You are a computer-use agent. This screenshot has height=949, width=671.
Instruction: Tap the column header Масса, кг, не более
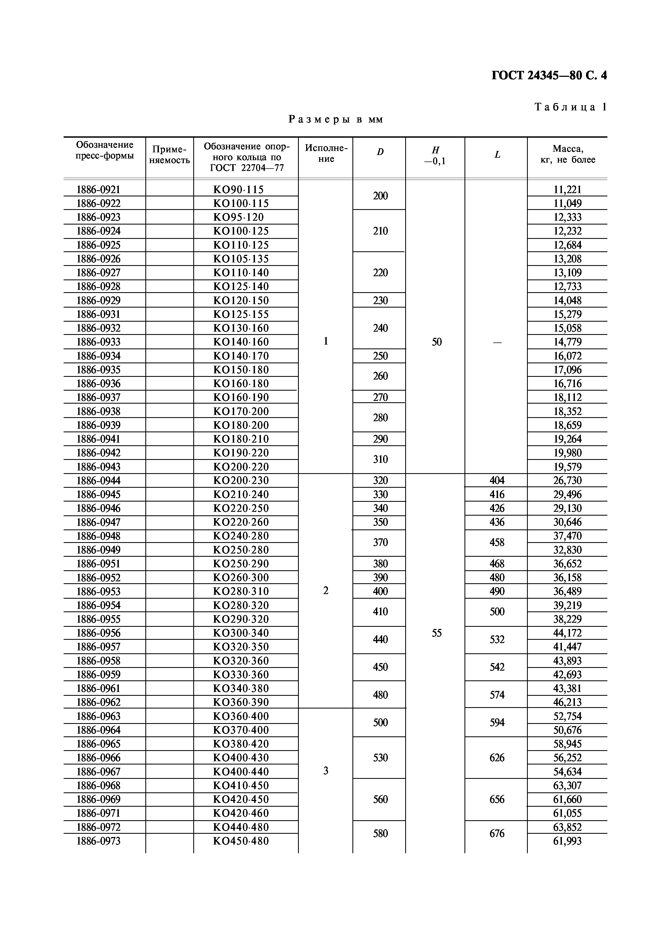(x=567, y=154)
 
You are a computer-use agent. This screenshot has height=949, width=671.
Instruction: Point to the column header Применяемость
(x=169, y=154)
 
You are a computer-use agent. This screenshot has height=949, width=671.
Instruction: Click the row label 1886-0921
(x=99, y=190)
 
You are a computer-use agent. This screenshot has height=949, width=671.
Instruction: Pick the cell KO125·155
(x=241, y=315)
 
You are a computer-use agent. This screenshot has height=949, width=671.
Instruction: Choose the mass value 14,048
(x=567, y=301)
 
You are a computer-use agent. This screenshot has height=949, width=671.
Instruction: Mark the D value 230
(x=380, y=301)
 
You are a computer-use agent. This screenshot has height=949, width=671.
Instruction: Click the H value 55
(x=437, y=633)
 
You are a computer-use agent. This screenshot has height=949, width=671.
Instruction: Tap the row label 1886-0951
(x=99, y=564)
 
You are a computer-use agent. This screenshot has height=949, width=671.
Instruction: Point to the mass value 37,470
(x=567, y=536)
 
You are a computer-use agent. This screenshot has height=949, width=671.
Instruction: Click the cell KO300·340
(x=241, y=633)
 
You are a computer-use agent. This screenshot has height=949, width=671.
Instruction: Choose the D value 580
(x=380, y=834)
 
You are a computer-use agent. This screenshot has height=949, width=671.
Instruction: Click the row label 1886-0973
(x=99, y=841)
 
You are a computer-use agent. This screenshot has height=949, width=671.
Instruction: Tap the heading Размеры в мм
(x=336, y=120)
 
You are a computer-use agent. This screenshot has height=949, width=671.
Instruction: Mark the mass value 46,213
(x=567, y=702)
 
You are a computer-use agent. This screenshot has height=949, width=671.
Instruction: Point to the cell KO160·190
(x=241, y=398)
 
